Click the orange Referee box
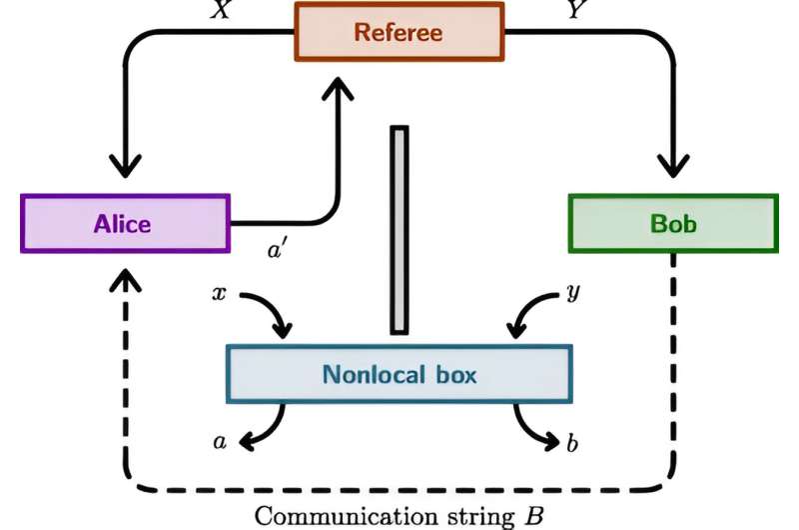pos(398,31)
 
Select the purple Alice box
pos(126,223)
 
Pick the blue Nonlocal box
pos(399,374)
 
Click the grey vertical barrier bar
pos(399,229)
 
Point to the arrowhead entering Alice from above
pos(126,167)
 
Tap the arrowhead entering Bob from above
pos(672,167)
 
